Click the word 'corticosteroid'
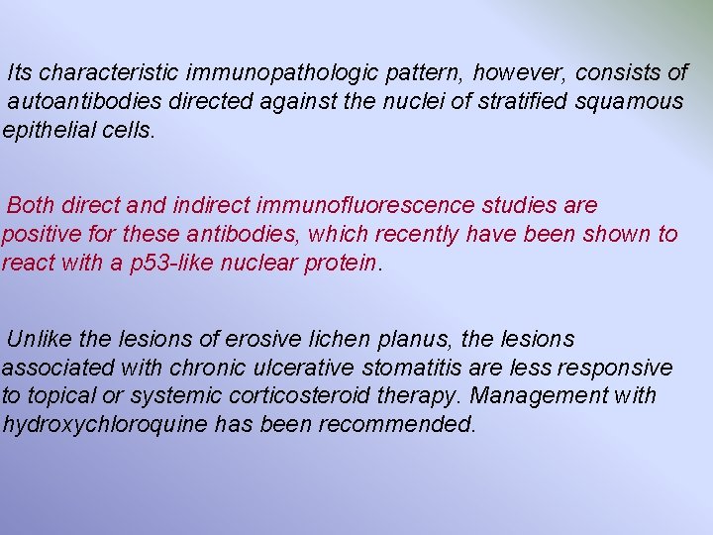(303, 396)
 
